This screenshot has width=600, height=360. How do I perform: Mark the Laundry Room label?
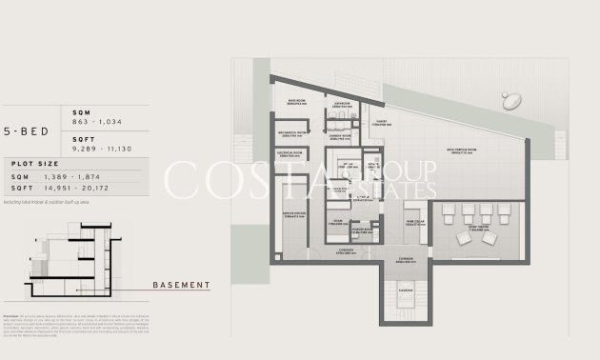341,135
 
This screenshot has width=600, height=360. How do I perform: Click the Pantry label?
380,122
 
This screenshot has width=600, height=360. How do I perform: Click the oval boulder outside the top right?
511,100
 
